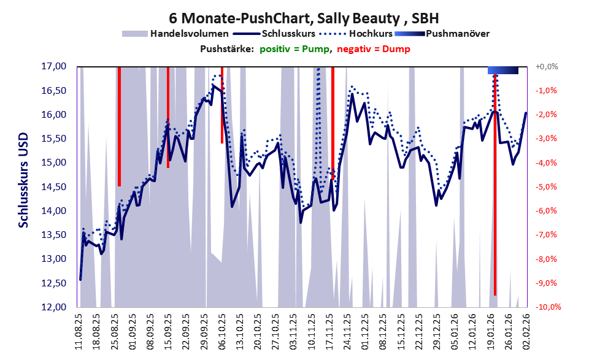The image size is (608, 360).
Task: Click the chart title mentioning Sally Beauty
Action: click(303, 17)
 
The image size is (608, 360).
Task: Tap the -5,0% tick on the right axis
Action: click(547, 186)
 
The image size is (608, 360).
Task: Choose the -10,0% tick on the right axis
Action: click(545, 307)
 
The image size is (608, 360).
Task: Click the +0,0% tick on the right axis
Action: click(547, 66)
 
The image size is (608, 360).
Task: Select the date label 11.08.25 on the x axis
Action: click(80, 331)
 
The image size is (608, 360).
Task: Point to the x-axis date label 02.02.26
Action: click(526, 331)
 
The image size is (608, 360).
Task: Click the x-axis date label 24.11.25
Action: click(347, 331)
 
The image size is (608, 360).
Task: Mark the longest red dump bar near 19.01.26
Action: click(495, 184)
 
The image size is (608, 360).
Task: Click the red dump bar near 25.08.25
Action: click(119, 126)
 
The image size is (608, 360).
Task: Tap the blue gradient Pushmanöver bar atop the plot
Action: click(503, 71)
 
